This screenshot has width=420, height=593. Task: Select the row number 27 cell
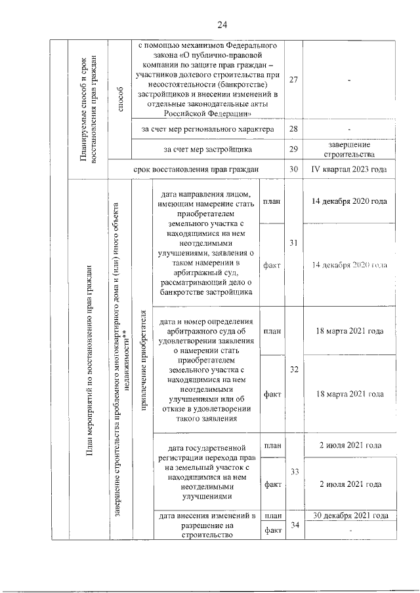pyautogui.click(x=293, y=80)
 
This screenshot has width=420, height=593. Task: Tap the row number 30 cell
pyautogui.click(x=293, y=169)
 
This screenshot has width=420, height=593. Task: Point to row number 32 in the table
pyautogui.click(x=295, y=370)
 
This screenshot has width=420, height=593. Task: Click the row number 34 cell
pyautogui.click(x=295, y=525)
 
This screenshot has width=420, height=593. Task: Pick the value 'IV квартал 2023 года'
pyautogui.click(x=346, y=169)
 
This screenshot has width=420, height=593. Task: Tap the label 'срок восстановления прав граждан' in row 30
pyautogui.click(x=196, y=169)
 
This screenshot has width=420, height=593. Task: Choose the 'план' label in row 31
pyautogui.click(x=272, y=201)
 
